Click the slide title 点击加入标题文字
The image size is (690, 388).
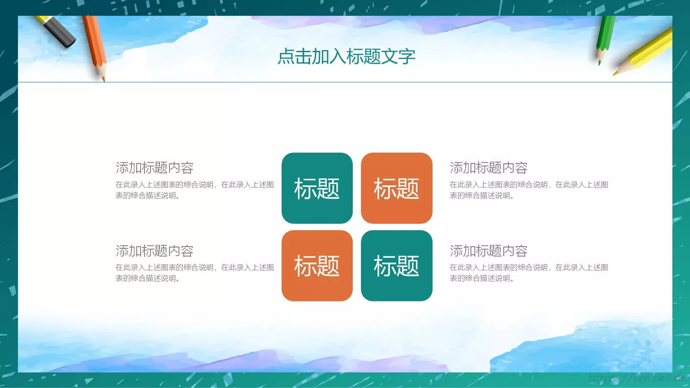pyautogui.click(x=346, y=56)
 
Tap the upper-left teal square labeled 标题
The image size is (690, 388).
pyautogui.click(x=317, y=188)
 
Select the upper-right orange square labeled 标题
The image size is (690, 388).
pyautogui.click(x=396, y=188)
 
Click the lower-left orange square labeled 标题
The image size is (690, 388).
pyautogui.click(x=317, y=266)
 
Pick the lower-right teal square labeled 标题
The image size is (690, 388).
pyautogui.click(x=396, y=266)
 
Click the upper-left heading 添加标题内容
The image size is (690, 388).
pyautogui.click(x=154, y=168)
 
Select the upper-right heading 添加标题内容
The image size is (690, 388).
pyautogui.click(x=489, y=168)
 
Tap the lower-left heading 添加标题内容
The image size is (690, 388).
pyautogui.click(x=154, y=251)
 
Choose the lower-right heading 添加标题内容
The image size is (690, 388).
pyautogui.click(x=489, y=251)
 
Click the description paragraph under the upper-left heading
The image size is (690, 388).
pyautogui.click(x=194, y=190)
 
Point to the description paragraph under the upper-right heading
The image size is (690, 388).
pyautogui.click(x=529, y=190)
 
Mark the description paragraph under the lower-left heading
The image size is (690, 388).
pyautogui.click(x=194, y=273)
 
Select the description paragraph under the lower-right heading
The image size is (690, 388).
pyautogui.click(x=529, y=273)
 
